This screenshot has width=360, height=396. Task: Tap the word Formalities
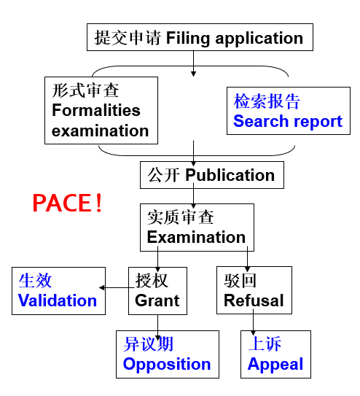tap(95, 111)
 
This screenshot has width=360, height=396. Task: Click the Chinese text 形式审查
tap(85, 91)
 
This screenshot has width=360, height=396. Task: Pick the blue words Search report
tap(288, 121)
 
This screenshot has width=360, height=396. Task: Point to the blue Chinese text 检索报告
tap(267, 101)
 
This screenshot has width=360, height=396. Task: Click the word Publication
tap(230, 175)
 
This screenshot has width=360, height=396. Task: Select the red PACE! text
tap(68, 203)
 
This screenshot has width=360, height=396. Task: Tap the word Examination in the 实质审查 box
tap(196, 237)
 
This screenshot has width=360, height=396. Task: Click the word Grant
tap(157, 300)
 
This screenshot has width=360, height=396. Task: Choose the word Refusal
tap(254, 300)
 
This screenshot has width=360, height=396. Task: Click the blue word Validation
tap(58, 300)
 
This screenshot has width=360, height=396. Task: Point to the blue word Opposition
tap(167, 364)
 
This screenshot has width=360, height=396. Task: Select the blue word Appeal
tap(275, 364)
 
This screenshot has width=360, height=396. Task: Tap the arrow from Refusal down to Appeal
tap(253, 322)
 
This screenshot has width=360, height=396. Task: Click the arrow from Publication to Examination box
tap(194, 195)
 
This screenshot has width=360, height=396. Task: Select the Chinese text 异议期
tap(148, 344)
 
